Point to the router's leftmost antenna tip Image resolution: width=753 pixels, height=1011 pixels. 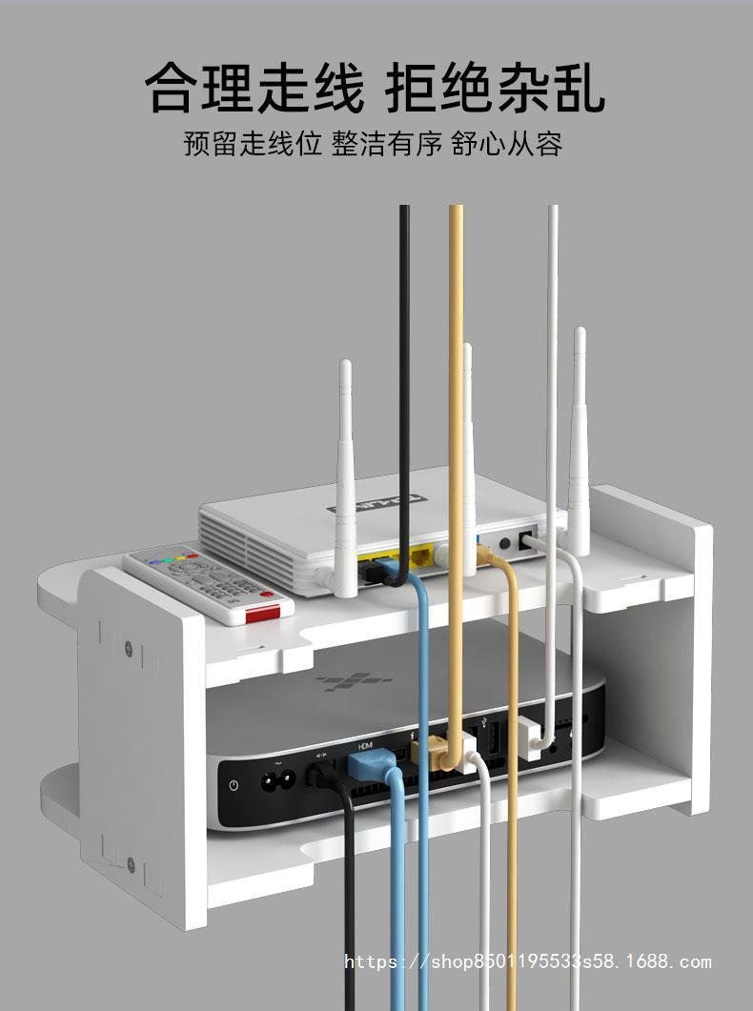click(345, 368)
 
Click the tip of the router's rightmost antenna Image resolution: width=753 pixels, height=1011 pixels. click(579, 334)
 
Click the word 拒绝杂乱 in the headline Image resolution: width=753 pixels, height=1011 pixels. click(495, 89)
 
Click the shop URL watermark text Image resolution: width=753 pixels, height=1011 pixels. click(527, 962)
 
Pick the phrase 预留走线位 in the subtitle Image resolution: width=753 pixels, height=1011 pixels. click(252, 145)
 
